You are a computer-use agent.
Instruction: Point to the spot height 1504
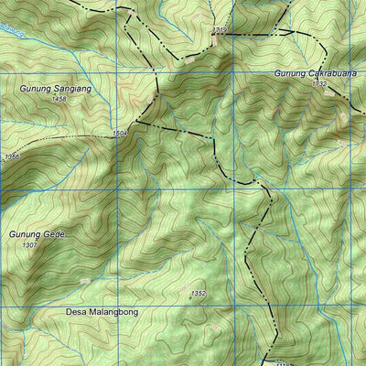[120, 134]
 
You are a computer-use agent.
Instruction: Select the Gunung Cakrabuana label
[312, 73]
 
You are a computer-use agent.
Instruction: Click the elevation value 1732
[318, 83]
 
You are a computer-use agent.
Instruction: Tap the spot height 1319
[219, 30]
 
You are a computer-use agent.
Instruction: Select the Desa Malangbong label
[102, 312]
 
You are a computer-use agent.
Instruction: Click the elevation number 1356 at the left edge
[11, 157]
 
